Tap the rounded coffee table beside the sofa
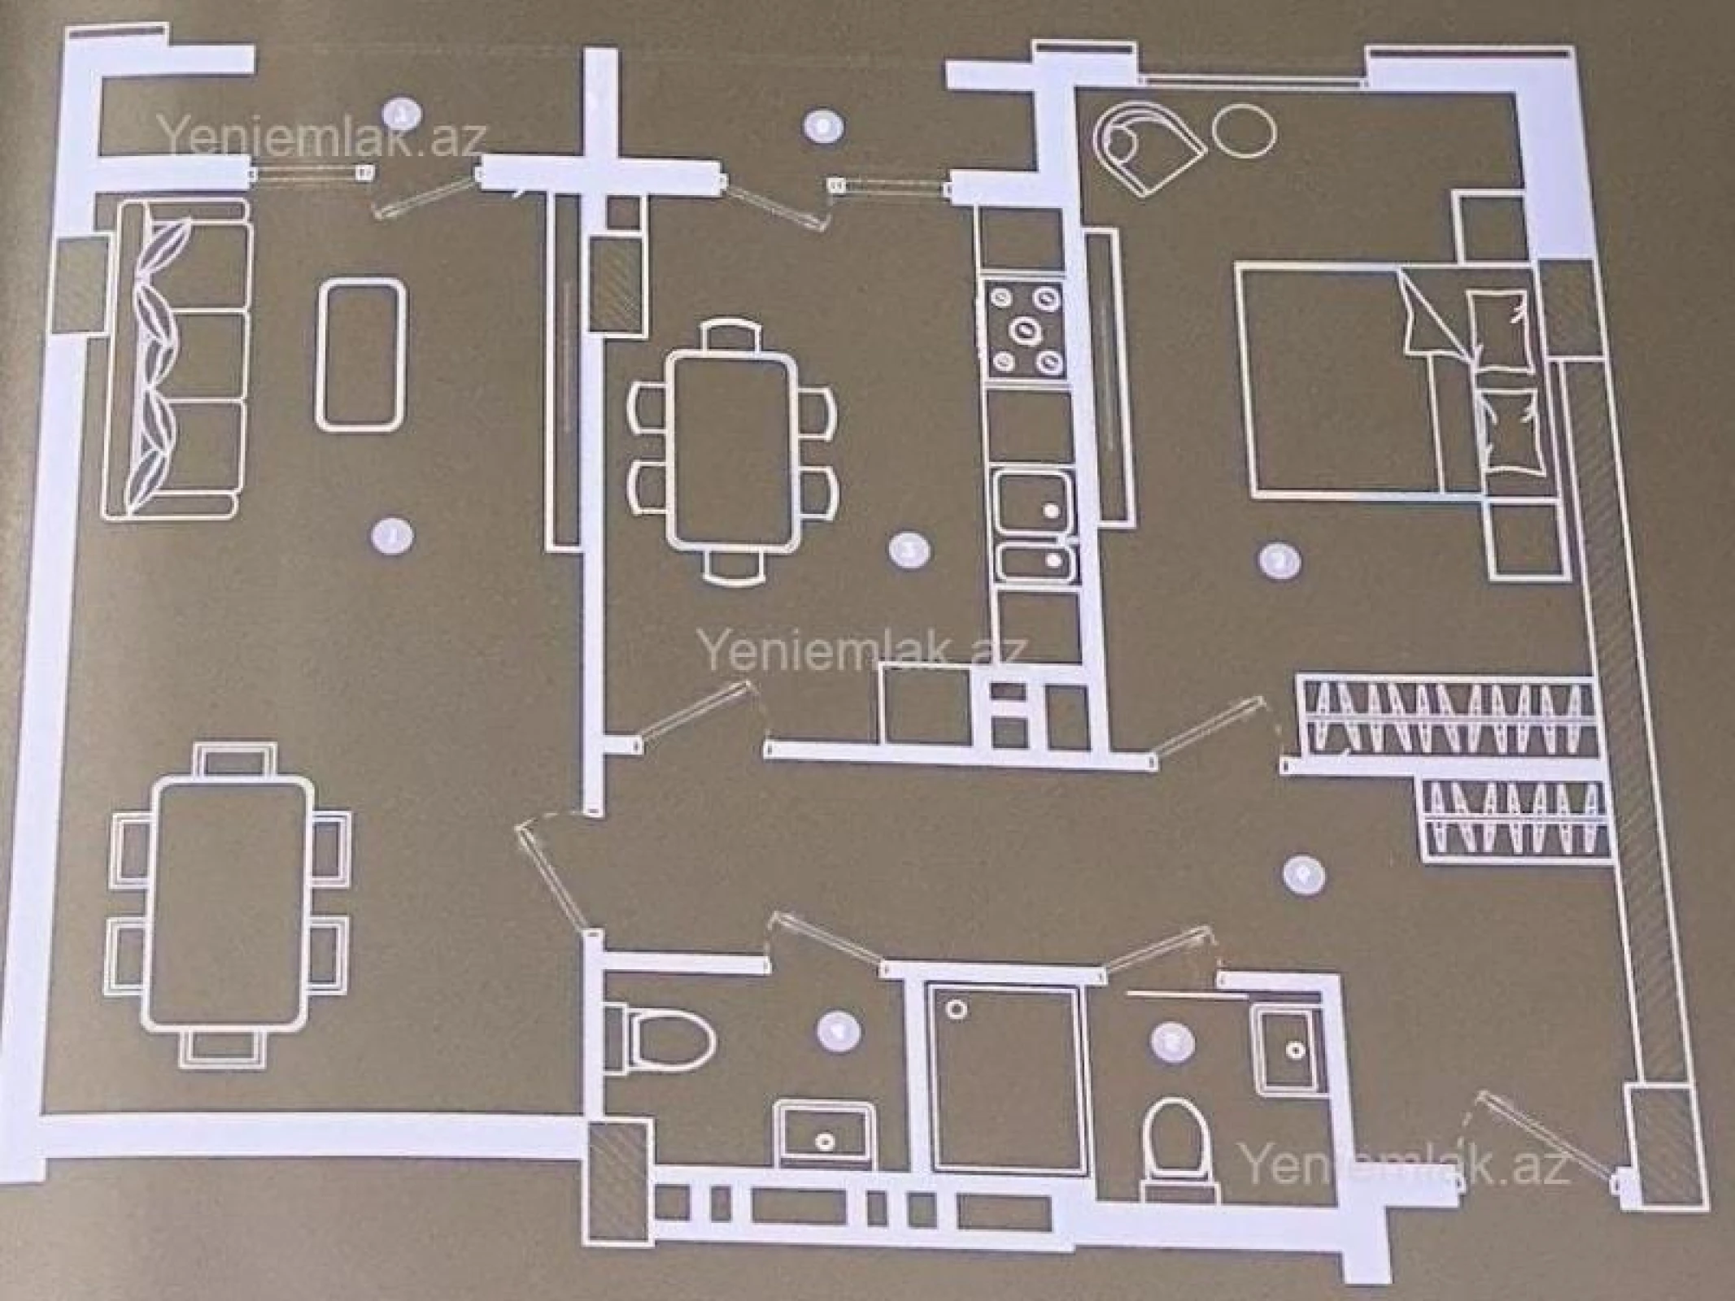click(360, 354)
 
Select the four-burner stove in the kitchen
click(1025, 329)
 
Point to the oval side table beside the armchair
click(1244, 133)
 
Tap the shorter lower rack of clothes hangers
click(1513, 818)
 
